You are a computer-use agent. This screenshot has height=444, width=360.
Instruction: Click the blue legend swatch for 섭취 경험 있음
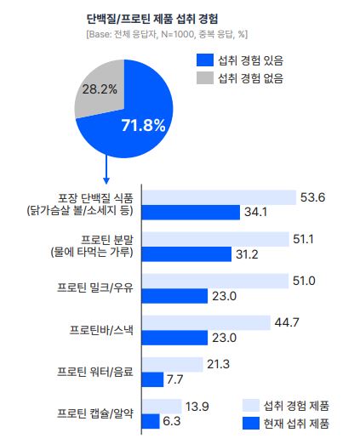[205, 60]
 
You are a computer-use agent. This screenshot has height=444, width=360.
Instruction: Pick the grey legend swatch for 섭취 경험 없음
[205, 78]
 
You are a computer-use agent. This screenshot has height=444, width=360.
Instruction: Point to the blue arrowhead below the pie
[106, 179]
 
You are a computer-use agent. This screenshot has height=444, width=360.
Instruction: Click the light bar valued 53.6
[219, 197]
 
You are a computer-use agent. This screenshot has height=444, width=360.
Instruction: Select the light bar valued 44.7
[205, 322]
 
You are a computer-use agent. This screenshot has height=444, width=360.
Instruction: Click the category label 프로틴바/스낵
[100, 328]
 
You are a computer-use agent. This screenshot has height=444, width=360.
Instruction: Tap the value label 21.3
[217, 364]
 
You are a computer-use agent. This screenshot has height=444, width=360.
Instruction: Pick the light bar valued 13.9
[162, 406]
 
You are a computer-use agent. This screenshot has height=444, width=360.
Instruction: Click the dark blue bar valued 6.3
[150, 420]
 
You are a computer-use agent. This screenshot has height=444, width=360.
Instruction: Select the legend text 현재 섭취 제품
[295, 423]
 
